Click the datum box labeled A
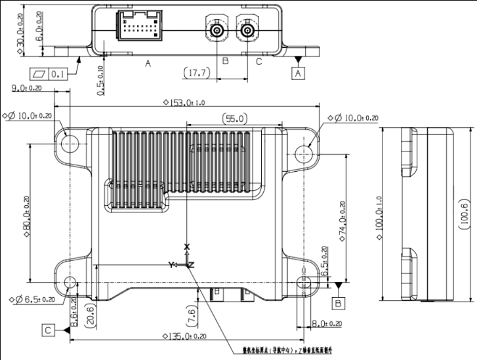299,73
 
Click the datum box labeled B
337,303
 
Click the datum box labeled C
49,330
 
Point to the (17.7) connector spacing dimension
197,73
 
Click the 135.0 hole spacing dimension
184,336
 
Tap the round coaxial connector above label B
216,30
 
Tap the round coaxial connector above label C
247,30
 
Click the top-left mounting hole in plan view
71,142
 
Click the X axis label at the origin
187,247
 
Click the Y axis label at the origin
171,264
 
